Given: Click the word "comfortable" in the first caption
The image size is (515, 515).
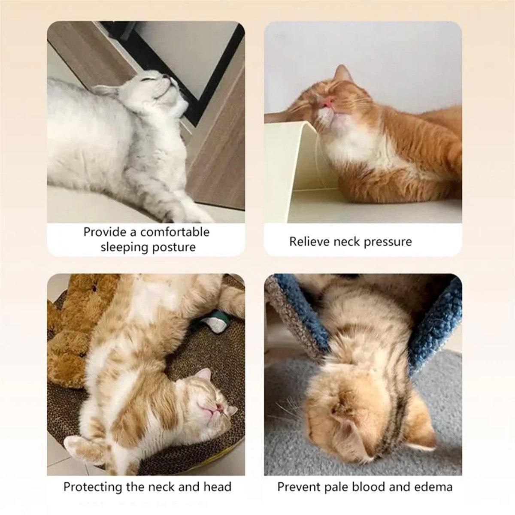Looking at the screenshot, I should pos(175,232).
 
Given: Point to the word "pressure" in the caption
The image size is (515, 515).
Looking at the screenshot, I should pos(388,242).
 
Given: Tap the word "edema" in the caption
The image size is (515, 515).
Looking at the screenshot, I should pos(434,487).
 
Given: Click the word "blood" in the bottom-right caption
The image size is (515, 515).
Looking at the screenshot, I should pos(367,487).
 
